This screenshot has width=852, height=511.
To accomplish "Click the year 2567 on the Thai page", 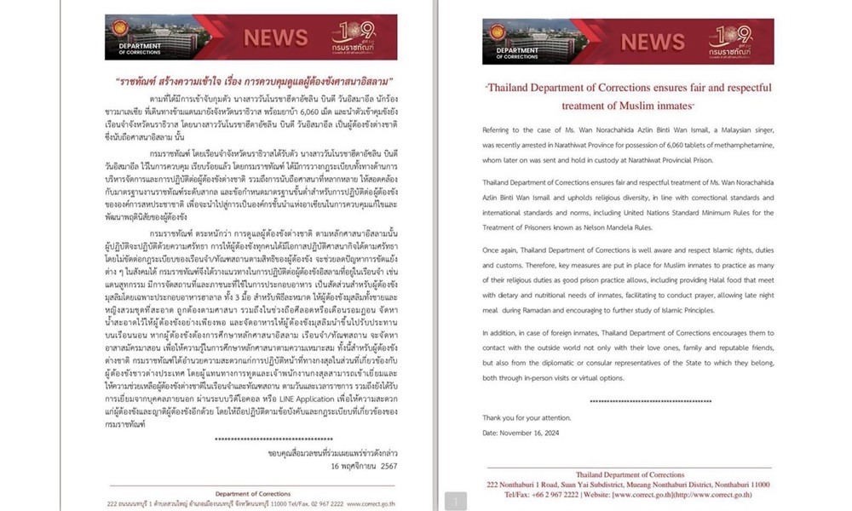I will (388, 467).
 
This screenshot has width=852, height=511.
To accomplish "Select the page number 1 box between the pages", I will (455, 501).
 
